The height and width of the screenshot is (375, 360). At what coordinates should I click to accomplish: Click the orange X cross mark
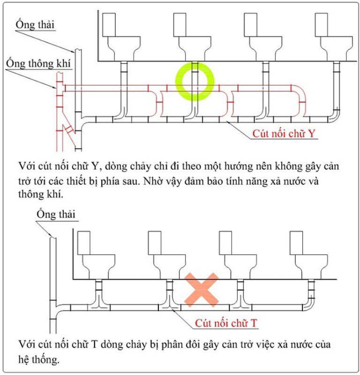tap(201, 288)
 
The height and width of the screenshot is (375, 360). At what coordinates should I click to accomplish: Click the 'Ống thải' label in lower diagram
tap(56, 215)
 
